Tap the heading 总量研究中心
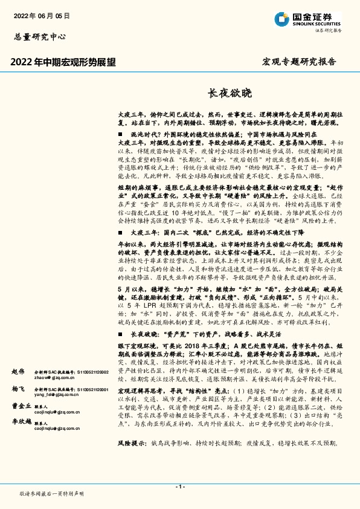(x=40, y=36)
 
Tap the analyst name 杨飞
(x=18, y=391)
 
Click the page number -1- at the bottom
(x=179, y=486)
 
